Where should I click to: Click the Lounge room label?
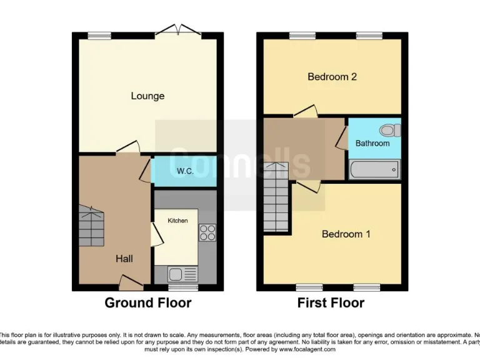click(x=147, y=96)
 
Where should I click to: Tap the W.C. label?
click(x=184, y=171)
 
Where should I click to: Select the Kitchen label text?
click(x=177, y=221)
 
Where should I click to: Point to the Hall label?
click(x=124, y=258)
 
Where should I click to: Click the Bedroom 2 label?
click(x=332, y=77)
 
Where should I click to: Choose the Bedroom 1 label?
click(x=346, y=234)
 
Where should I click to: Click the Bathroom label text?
click(x=372, y=143)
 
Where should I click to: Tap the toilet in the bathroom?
click(x=391, y=130)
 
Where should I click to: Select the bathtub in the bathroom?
click(x=374, y=169)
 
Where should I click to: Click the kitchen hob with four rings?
click(x=207, y=232)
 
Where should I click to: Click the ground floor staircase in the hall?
click(x=91, y=227)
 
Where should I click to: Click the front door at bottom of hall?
click(x=131, y=284)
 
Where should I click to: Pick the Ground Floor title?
click(x=147, y=303)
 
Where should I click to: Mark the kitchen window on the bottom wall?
click(x=183, y=288)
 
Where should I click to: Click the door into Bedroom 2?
click(x=305, y=112)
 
